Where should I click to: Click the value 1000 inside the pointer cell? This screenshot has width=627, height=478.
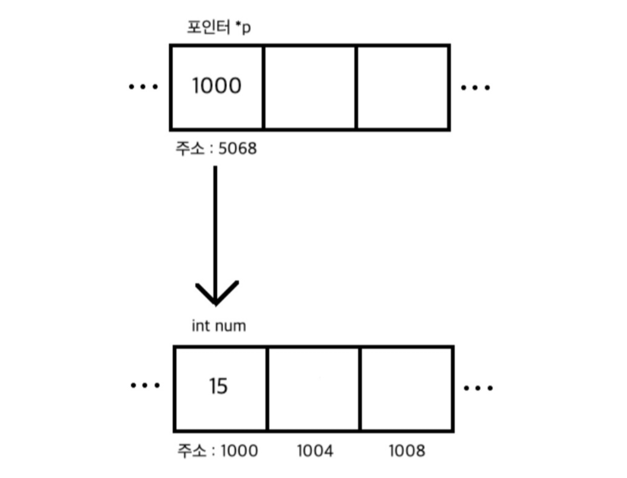217,86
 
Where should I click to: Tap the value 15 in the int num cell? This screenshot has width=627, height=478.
218,386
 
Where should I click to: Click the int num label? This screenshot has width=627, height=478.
219,326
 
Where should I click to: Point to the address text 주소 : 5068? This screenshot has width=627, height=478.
215,149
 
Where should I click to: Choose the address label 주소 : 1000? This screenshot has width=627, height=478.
218,451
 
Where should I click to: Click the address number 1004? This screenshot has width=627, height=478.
315,451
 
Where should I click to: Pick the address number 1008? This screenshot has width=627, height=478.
407,451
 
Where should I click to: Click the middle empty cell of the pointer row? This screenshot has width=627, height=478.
310,87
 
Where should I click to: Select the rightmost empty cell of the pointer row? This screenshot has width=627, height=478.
403,87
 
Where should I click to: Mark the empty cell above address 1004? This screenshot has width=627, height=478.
314,388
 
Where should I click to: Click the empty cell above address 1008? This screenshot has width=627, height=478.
407,388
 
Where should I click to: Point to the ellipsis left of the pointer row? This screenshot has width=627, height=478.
143,87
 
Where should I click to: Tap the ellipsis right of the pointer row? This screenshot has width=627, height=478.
476,88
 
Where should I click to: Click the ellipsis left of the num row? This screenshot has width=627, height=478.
145,385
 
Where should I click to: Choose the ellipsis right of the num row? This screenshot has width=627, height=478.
478,388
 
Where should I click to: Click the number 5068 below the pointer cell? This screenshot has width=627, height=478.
238,149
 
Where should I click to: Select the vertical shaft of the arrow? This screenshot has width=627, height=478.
215,226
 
